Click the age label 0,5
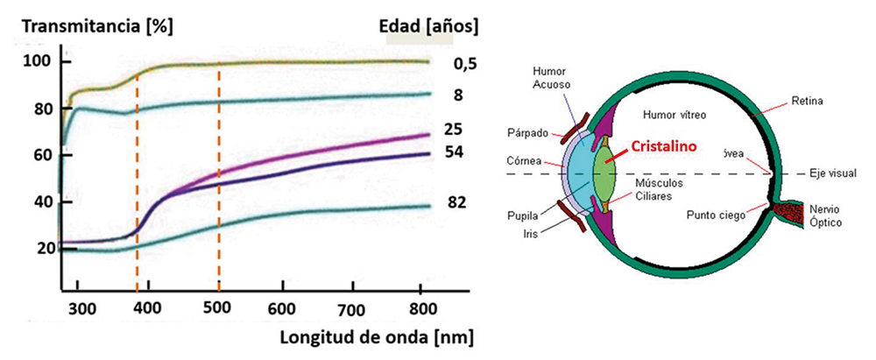click(465, 64)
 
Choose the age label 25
click(453, 130)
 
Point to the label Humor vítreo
click(675, 115)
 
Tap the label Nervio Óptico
click(826, 216)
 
